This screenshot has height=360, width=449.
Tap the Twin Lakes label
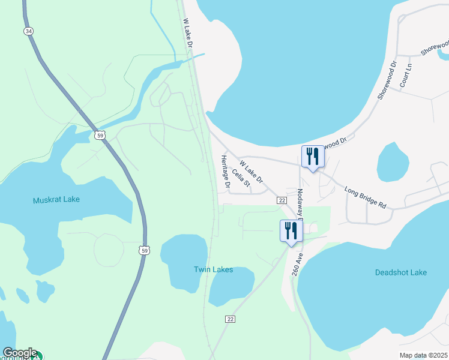coord(213,270)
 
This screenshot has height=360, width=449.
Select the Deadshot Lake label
coord(401,272)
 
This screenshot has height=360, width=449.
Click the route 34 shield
coord(28,31)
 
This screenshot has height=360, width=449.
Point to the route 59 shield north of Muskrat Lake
coord(100,136)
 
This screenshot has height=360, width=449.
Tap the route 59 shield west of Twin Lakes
coord(143,250)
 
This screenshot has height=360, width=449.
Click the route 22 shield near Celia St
coord(281,200)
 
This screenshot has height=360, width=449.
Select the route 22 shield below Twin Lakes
coord(231,319)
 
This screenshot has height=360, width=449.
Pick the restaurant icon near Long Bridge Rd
coord(313,157)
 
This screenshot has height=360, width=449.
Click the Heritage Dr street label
coord(224,172)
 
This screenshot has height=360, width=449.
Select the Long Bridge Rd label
coord(366,198)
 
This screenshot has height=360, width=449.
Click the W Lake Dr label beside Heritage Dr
coord(251,171)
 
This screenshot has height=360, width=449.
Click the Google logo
coord(20,353)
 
